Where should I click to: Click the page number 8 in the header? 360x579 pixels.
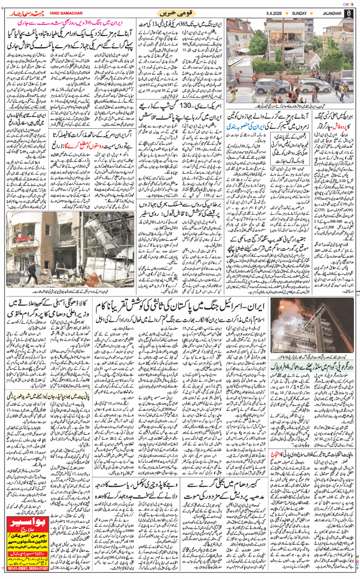[x=348, y=13]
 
